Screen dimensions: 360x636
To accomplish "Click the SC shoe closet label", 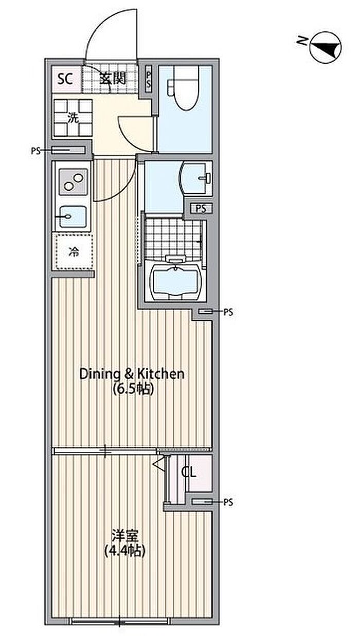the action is tap(65, 79).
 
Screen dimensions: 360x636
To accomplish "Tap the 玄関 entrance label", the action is tap(113, 78).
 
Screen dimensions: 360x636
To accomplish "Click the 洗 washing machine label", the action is tap(73, 118).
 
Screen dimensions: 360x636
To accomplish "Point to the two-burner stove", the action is tap(73, 181).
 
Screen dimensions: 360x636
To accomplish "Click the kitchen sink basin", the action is tap(73, 216).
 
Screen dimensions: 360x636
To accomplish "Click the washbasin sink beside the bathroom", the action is tap(196, 178).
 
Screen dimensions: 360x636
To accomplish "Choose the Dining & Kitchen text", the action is tap(132, 374).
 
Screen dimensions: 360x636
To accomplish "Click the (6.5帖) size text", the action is tap(133, 389).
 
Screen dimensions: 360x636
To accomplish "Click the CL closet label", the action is tap(189, 473).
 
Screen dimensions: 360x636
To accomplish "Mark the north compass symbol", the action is tap(326, 47).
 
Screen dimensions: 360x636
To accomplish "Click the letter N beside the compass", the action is tap(302, 41).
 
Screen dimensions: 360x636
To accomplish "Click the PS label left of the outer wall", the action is tap(36, 151).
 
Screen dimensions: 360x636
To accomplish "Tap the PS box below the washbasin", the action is tap(201, 209).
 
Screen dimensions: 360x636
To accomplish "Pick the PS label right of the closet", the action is tap(228, 502).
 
